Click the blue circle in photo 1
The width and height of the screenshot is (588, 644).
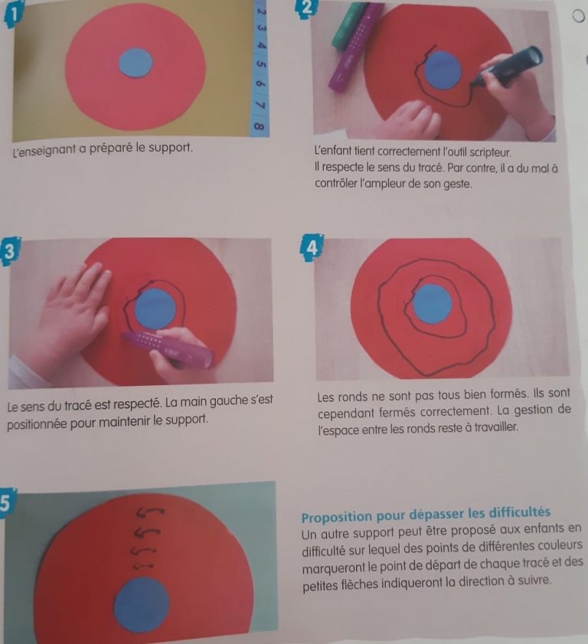(x=137, y=63)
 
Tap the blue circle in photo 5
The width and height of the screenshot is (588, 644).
(x=141, y=604)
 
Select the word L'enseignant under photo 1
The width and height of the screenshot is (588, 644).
(x=47, y=146)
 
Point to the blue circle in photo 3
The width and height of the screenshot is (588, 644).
(x=155, y=310)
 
